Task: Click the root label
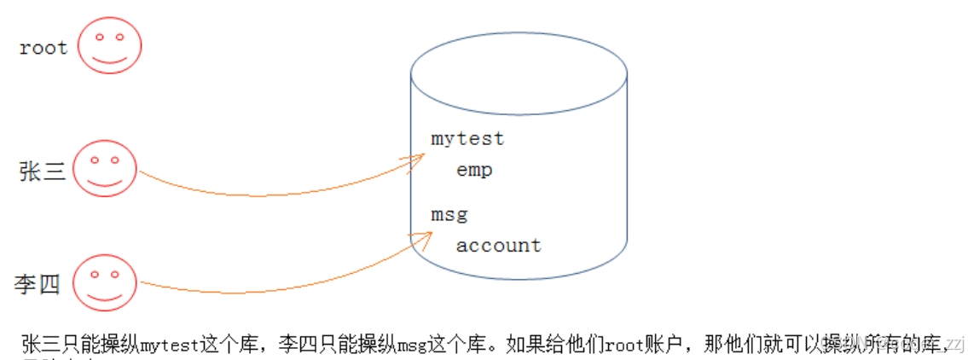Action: tap(43, 48)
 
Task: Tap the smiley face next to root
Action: tap(109, 45)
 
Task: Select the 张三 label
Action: tap(42, 171)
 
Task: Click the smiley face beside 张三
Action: tap(104, 169)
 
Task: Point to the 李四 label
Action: tap(38, 284)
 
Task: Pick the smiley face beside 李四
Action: tap(104, 283)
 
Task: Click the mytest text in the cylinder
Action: tap(467, 138)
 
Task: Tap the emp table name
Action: tap(474, 170)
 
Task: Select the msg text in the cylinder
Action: tap(449, 214)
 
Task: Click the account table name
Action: tap(498, 246)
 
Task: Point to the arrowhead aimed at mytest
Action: tap(417, 159)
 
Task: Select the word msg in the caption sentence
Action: tap(408, 345)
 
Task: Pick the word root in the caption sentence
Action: tap(623, 345)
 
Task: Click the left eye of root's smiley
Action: tap(100, 37)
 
